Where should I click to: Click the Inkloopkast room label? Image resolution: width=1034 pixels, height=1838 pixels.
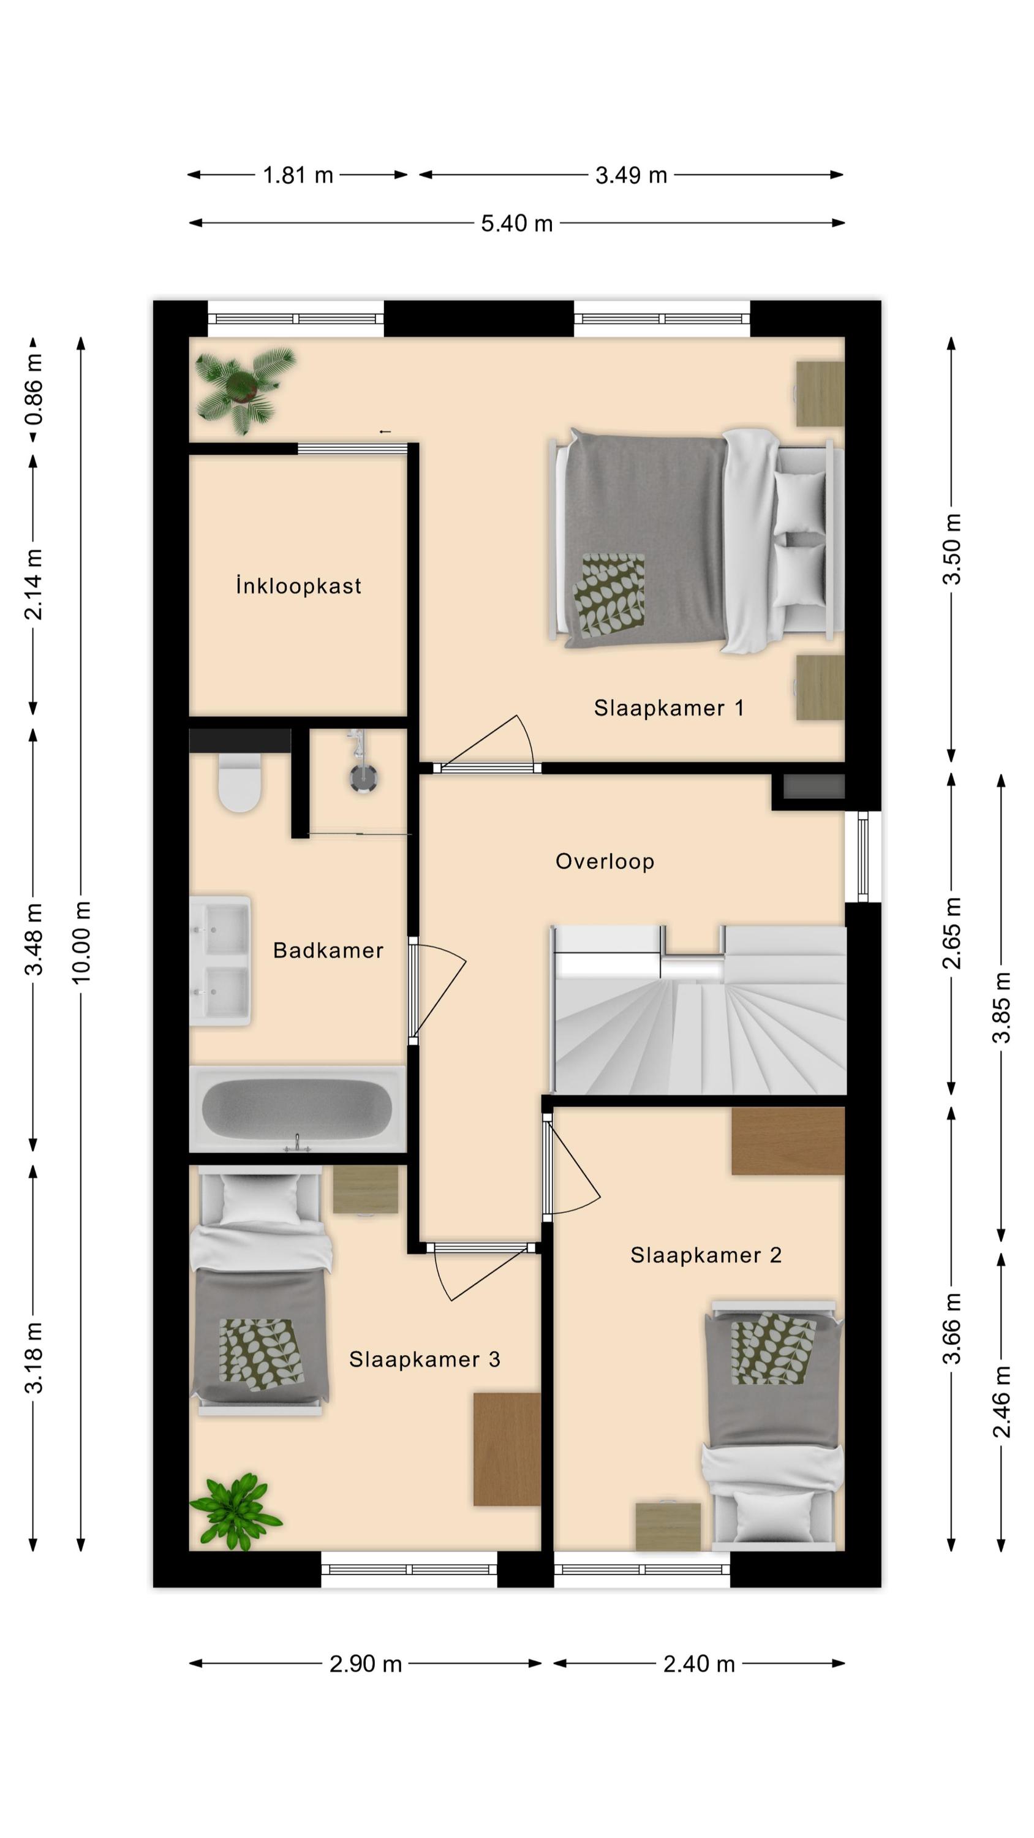(299, 586)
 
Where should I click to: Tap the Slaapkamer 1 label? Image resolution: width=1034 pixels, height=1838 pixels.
(670, 708)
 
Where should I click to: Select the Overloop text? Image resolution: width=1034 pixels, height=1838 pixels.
(605, 861)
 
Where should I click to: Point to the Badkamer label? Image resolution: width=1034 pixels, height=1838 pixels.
(328, 950)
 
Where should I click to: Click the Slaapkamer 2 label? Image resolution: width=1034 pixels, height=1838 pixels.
(706, 1255)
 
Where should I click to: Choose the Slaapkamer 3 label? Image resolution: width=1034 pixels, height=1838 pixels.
(425, 1360)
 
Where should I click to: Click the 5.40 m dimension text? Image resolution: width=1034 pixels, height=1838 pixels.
(516, 224)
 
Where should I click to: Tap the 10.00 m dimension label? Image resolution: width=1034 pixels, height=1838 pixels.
(81, 942)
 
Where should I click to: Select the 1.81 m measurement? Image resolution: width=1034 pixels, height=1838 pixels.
(298, 175)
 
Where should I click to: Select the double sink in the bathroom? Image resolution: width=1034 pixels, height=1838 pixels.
(220, 961)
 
